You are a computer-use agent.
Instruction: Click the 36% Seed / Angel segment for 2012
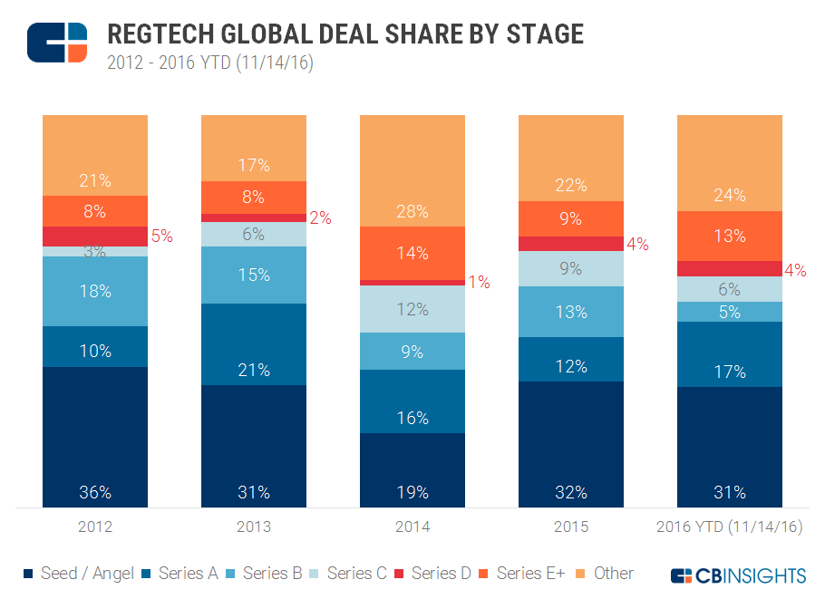point(94,437)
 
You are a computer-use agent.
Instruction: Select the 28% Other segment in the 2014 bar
point(412,170)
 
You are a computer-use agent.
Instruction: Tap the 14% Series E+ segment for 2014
point(412,253)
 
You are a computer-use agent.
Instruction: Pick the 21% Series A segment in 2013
point(254,344)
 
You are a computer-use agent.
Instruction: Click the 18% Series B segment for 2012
point(94,291)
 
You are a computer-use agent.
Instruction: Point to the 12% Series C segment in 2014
point(412,309)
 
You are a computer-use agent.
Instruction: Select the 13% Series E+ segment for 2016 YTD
point(730,236)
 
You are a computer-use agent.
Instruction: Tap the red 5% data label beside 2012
point(161,236)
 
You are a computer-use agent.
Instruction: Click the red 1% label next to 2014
point(479,283)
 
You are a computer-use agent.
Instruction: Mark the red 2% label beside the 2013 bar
point(320,217)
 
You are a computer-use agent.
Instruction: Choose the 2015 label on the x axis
point(571,527)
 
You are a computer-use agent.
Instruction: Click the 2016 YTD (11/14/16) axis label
point(730,527)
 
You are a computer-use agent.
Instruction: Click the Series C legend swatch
point(314,574)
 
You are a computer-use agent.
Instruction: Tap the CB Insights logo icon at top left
point(57,43)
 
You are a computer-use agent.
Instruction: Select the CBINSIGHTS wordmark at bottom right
point(738,575)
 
